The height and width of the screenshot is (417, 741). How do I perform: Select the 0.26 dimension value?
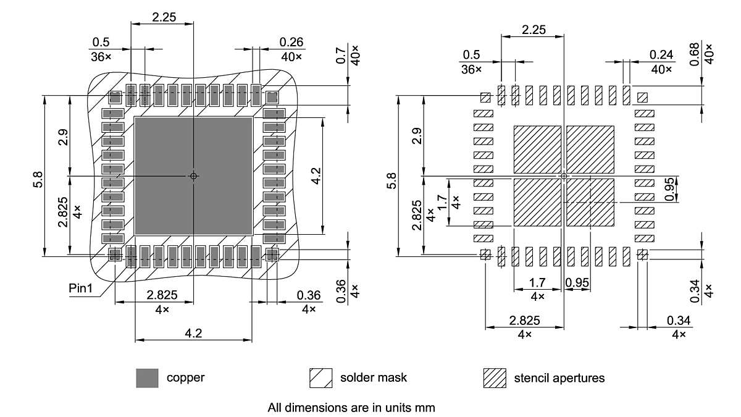pos(291,42)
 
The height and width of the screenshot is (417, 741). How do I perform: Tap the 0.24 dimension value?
pos(661,54)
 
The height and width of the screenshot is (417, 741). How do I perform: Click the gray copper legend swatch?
pos(147,377)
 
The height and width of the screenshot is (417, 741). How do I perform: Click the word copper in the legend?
pos(185,377)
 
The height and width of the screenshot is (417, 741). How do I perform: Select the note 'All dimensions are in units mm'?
pos(351,408)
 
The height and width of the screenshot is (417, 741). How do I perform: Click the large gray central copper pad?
pos(193,176)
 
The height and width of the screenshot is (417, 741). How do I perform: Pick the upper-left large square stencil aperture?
pos(537,150)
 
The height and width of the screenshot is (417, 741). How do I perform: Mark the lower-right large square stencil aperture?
pos(590,203)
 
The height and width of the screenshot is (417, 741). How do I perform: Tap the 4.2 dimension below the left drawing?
pos(193,333)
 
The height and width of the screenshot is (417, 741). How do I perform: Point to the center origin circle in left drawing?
pos(193,176)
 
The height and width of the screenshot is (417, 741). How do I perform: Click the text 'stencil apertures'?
pos(559,377)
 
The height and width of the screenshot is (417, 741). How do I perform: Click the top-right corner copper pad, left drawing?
pos(272,97)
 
